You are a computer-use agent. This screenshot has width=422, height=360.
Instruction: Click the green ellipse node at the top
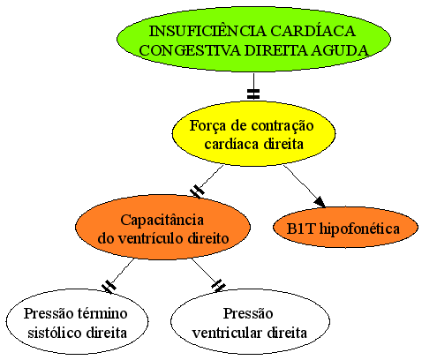(x=253, y=39)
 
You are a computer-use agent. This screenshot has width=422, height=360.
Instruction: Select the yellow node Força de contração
(x=253, y=134)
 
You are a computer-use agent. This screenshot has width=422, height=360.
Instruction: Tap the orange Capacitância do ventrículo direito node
(x=162, y=227)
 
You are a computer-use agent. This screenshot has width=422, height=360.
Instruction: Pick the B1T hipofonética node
(x=345, y=228)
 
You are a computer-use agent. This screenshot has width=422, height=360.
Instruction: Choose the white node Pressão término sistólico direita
(x=77, y=321)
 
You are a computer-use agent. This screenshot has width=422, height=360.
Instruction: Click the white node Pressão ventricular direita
(x=250, y=321)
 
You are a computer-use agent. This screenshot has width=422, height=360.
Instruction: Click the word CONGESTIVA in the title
(x=190, y=50)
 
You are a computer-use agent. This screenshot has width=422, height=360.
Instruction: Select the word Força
(x=207, y=126)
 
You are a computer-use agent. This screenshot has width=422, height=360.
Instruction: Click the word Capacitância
(x=162, y=220)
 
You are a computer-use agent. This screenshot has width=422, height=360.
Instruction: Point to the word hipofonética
(x=359, y=229)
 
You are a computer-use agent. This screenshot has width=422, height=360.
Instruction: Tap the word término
(x=102, y=313)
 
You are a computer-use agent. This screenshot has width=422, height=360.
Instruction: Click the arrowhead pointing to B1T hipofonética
(x=320, y=202)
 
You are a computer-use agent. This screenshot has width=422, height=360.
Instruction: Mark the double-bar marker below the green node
(x=253, y=94)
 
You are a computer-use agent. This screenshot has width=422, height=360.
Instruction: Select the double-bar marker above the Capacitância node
(x=197, y=191)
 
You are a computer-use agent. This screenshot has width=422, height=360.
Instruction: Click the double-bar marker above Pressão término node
(x=109, y=286)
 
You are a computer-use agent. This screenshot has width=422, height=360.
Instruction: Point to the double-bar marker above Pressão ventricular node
(x=219, y=286)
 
